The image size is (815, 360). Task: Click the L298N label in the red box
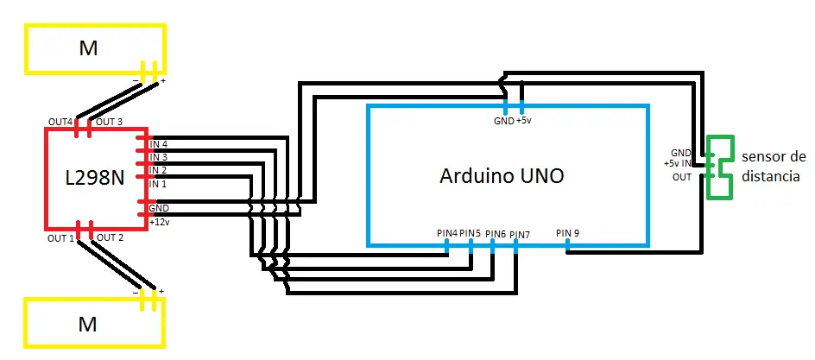point(95,178)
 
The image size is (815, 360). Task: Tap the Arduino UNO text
point(502,176)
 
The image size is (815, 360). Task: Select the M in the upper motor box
point(88,48)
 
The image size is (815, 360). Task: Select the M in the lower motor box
point(87,324)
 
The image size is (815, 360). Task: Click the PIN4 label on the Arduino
point(447,233)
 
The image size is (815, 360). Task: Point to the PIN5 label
point(470,233)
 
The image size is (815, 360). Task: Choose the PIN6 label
point(496,234)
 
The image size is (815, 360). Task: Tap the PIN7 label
point(520,235)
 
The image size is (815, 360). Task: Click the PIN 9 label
point(567,233)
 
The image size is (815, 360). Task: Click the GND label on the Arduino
point(503,121)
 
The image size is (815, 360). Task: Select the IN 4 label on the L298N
point(159,144)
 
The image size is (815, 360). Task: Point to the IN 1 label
point(158,184)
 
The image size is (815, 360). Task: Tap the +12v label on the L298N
point(159,222)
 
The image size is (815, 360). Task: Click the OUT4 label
point(60,122)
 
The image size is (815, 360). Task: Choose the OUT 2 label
point(110,238)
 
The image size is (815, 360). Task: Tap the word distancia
point(770,177)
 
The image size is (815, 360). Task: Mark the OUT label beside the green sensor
point(681,177)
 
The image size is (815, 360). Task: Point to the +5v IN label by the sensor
point(677,164)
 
